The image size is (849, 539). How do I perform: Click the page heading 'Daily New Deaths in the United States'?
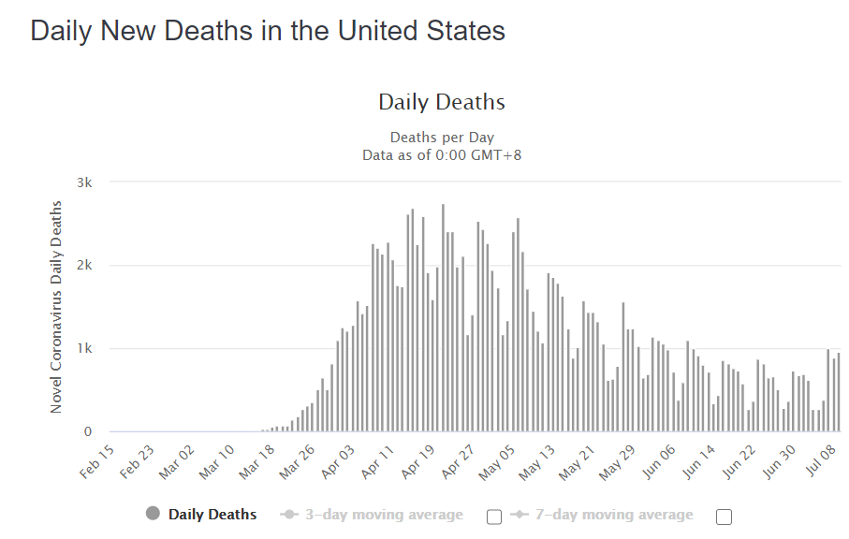268,31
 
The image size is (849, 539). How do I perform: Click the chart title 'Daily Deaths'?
442,102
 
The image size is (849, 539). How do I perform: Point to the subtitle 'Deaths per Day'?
442,138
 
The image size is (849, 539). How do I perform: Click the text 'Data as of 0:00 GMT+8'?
442,154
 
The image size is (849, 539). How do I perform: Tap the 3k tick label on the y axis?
84,182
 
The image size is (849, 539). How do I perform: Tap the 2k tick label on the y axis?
84,266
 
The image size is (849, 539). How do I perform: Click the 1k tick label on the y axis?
84,349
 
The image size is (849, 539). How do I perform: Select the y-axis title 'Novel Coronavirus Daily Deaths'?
57,307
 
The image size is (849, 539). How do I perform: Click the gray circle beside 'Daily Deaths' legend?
154,514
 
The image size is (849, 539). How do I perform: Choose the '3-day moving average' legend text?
384,515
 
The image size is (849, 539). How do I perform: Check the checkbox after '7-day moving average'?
723,517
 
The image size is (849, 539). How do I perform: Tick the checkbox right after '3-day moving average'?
495,517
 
